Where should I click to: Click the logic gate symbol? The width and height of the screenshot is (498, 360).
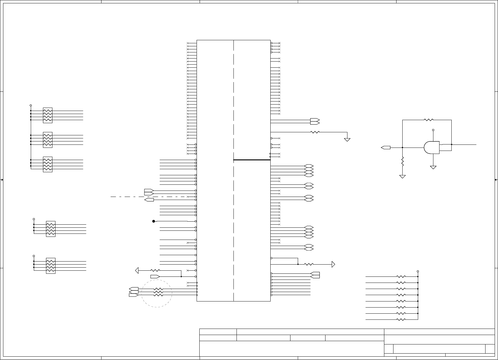point(431,148)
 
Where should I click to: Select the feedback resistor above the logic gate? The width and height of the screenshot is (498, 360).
point(429,120)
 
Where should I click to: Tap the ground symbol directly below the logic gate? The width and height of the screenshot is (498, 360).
point(433,167)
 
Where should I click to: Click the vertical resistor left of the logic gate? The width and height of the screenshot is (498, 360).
point(403,161)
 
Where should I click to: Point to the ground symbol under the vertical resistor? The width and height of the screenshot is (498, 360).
point(403,176)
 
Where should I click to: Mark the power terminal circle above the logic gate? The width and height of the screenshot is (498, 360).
point(433,130)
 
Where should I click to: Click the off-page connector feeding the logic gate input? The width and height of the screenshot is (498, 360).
point(386,148)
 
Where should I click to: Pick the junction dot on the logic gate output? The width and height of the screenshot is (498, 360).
point(451,144)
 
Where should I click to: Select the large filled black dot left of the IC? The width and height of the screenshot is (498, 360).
point(154,221)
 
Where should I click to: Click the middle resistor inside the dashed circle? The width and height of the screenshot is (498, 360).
point(158,292)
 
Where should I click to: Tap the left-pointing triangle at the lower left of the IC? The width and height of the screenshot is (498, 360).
point(137,270)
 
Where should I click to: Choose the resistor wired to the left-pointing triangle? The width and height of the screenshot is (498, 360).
point(155,270)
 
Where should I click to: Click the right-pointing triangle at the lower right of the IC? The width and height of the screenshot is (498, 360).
point(333,264)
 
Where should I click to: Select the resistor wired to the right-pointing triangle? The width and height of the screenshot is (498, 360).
point(309,264)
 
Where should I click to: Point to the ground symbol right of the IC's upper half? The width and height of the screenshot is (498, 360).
point(347,140)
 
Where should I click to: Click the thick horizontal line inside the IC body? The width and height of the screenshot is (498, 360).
point(252,160)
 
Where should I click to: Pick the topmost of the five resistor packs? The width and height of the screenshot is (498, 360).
point(48,115)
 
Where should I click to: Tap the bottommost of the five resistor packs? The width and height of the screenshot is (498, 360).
point(51,266)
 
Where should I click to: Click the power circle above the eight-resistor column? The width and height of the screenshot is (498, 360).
point(418,271)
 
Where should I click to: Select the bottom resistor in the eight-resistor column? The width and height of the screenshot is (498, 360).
point(401,320)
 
